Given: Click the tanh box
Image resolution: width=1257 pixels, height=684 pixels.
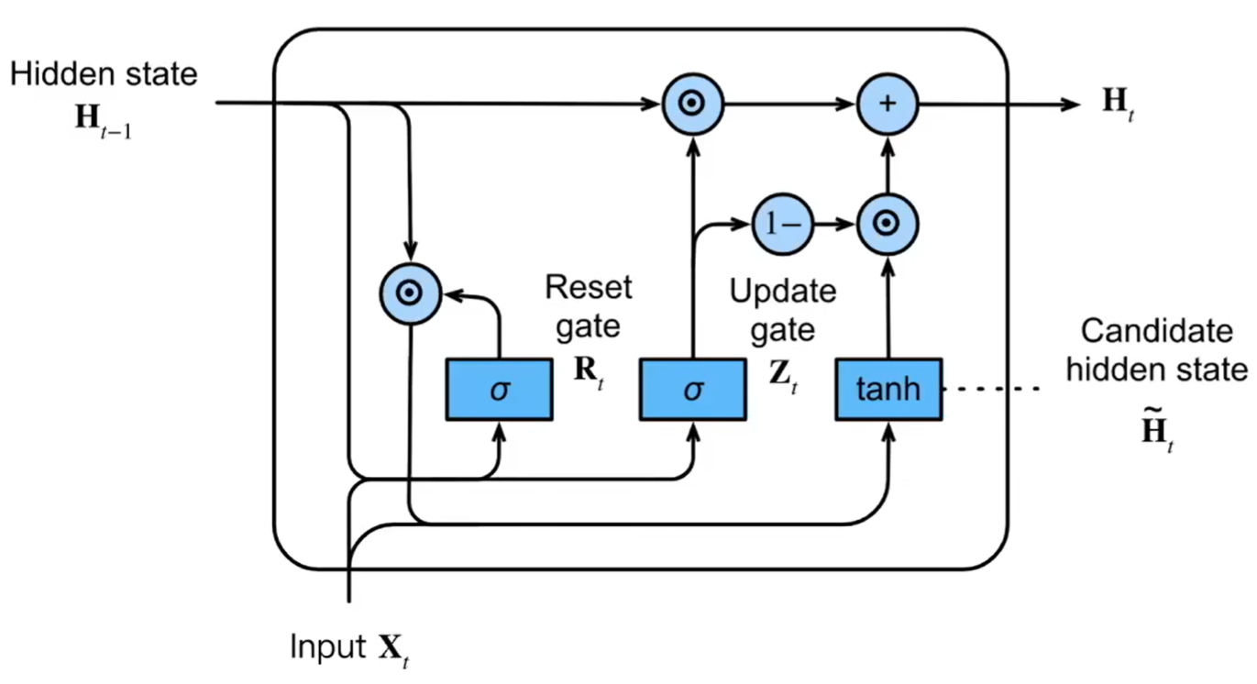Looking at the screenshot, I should coord(888,391).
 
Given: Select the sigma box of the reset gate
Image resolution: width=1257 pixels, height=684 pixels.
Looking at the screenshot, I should coord(499,391).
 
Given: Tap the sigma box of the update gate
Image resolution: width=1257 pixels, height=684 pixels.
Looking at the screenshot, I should coord(693,391).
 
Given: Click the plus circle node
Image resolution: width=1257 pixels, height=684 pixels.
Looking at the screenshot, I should coord(887,103).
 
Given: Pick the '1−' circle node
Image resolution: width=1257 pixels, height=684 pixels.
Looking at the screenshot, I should coord(782,223).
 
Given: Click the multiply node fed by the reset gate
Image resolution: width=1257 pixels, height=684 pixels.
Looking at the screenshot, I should coord(411,293).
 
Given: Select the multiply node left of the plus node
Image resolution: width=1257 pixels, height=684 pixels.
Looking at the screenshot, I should coord(693,103).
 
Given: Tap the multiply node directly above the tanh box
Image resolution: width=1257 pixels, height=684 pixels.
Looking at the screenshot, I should coord(887,223).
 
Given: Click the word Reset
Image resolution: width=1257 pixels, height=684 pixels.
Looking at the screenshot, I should coord(589,288).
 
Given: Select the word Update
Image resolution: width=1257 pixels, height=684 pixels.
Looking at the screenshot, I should coord(783,292).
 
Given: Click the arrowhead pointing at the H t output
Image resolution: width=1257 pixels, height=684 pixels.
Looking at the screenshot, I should coord(1071,103).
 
